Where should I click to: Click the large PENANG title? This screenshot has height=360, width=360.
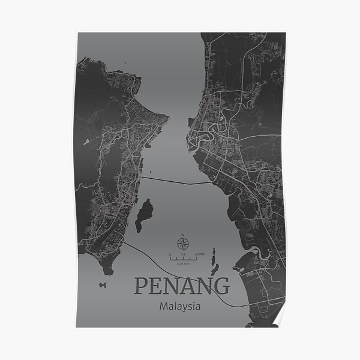click(x=181, y=286)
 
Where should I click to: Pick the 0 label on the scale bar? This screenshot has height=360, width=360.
click(x=170, y=254)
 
